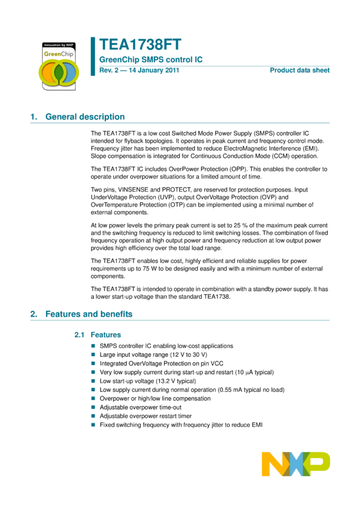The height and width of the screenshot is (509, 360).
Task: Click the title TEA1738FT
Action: point(140,45)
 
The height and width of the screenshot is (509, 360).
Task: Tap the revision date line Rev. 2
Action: point(139,70)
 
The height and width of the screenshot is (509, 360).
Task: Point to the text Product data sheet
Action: point(300,70)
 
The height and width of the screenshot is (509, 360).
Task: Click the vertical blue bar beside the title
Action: point(93,56)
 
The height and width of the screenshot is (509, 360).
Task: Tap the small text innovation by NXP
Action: point(58,45)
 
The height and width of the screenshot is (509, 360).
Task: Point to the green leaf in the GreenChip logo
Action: point(59,72)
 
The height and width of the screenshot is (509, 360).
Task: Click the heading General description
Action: point(84,117)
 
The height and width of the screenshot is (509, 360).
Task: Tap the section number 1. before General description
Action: point(34,117)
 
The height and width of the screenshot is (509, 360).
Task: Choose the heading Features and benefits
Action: point(89,314)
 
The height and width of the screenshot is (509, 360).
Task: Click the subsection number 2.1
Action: point(79,335)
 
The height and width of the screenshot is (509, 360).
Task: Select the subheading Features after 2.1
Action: point(105,335)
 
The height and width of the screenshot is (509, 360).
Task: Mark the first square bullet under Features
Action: point(93,346)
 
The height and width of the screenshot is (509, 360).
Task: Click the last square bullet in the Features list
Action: point(93,425)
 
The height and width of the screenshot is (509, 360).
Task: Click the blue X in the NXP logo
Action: point(296,464)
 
